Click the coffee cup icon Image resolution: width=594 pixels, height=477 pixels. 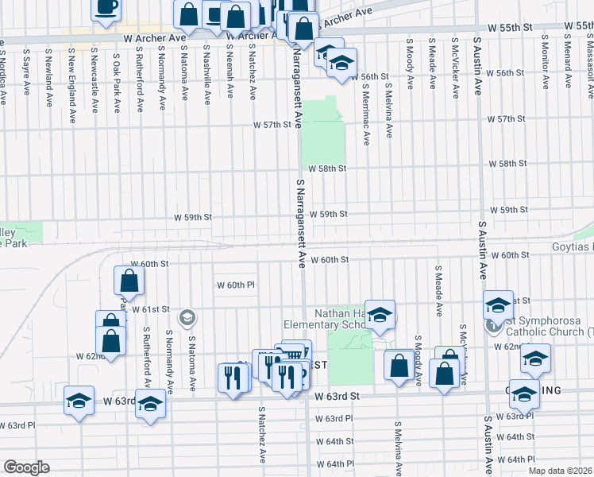pos(106,9)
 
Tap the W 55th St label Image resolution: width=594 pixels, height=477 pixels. pos(509,28)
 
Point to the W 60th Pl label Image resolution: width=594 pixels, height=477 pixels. pos(235,285)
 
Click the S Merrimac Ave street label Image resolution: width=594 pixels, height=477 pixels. pos(366,115)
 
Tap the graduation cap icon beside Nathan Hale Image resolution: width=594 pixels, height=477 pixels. pos(380,315)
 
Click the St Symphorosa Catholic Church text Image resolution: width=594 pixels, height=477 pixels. pos(547,326)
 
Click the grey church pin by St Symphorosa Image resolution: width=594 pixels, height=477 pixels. pos(492,326)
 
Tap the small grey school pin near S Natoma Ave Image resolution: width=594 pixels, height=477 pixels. pos(187,318)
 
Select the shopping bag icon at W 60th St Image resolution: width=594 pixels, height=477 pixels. pos(129,280)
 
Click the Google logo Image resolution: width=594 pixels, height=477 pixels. pos(27,467)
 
